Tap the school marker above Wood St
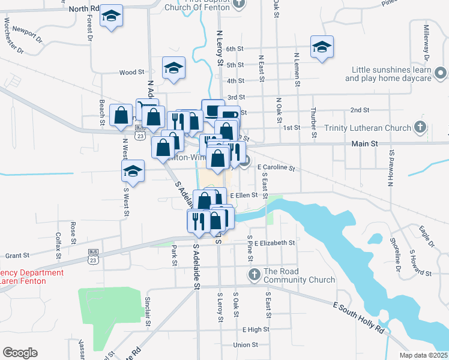tap(173, 68)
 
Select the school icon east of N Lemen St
tap(322, 47)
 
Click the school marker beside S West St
tap(133, 171)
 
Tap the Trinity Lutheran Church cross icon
tap(420, 127)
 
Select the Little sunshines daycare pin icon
tap(441, 74)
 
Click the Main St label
tap(364, 145)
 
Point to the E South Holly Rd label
tap(359, 317)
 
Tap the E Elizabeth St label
tap(274, 243)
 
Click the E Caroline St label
tap(277, 169)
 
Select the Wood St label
tap(128, 73)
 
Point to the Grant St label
tap(17, 255)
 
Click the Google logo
tap(20, 352)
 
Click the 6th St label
tap(235, 49)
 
